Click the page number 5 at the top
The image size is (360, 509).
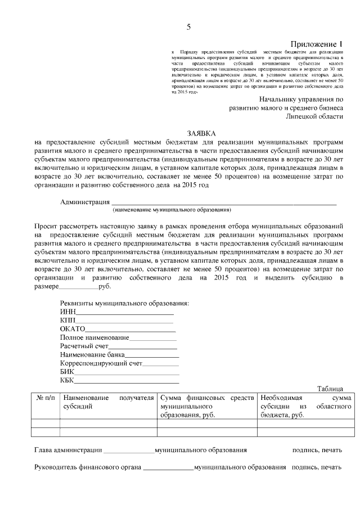(x=188, y=26)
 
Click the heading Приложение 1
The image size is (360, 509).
(x=316, y=44)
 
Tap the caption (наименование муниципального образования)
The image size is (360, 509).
(x=172, y=210)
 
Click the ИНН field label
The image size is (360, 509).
(x=67, y=311)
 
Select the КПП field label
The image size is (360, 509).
(x=67, y=320)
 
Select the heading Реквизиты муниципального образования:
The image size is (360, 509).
(x=124, y=303)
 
